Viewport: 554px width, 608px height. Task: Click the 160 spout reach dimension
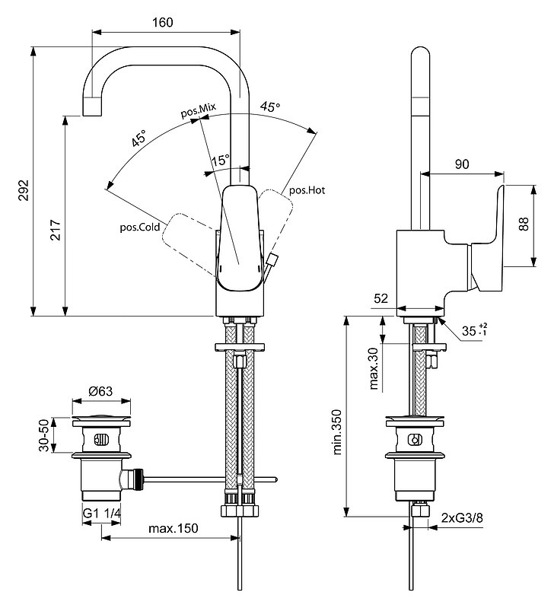(162, 22)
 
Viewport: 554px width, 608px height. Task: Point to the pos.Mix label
(198, 111)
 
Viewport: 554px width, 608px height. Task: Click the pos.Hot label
(307, 190)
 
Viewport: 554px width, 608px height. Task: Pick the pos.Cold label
(139, 227)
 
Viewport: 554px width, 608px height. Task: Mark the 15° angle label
(220, 161)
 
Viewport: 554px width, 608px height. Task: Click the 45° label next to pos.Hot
(269, 107)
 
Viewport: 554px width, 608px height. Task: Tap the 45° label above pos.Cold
(137, 138)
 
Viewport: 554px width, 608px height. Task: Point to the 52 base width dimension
(383, 299)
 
